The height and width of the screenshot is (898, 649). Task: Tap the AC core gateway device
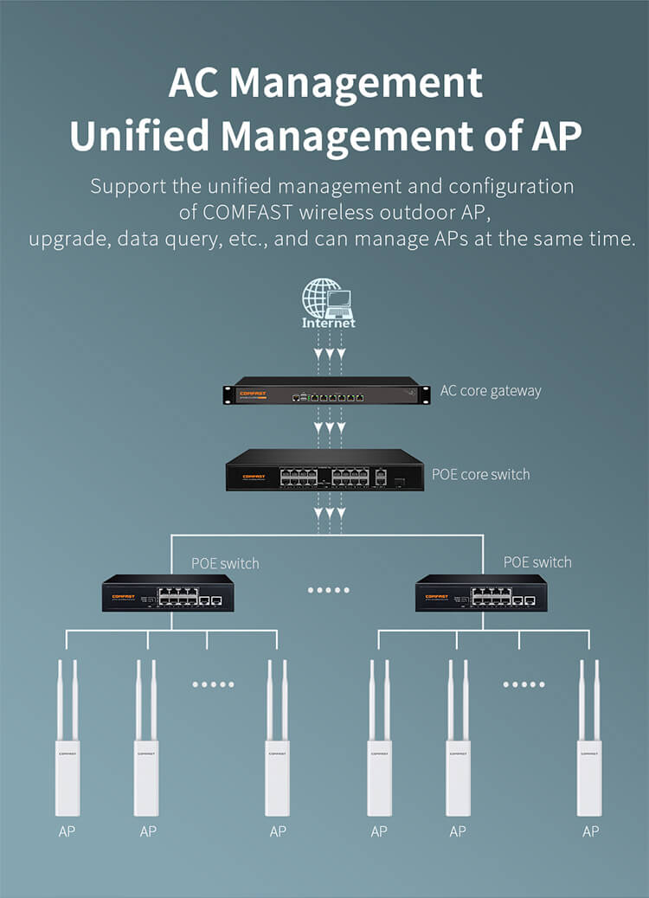326,390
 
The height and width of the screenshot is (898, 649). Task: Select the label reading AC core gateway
491,391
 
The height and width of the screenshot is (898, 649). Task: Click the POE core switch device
324,470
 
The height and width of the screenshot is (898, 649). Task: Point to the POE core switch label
480,474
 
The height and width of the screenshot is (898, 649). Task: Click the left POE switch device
168,593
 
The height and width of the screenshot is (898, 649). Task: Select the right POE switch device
481,593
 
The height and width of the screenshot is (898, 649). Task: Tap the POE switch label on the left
225,563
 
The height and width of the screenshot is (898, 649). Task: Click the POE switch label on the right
537,562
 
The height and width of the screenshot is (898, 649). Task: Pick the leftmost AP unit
67,738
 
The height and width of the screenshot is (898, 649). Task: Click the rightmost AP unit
589,738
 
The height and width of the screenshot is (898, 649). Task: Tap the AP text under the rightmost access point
590,831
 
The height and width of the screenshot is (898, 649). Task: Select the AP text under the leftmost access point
67,831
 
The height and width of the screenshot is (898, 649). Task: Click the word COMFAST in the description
247,213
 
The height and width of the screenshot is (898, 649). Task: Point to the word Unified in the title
140,137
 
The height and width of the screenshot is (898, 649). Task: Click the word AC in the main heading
194,83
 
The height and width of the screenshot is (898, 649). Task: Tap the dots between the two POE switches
328,590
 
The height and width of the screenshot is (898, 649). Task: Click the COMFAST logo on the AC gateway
253,394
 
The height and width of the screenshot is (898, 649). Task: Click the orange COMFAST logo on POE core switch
254,477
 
